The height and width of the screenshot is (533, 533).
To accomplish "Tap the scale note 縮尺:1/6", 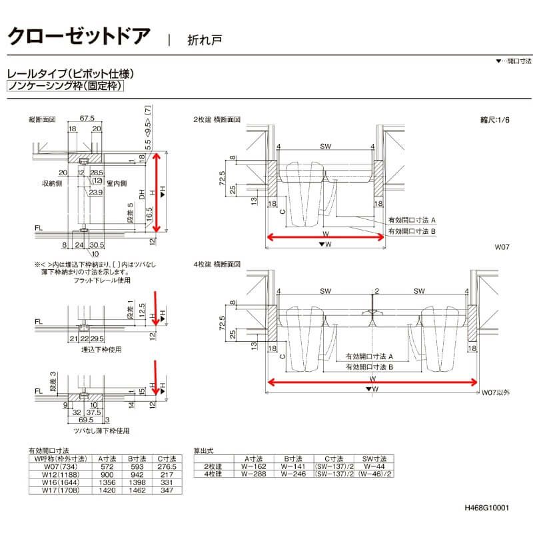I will click(494, 121).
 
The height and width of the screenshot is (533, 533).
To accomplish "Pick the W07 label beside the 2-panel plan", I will click(501, 247).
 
